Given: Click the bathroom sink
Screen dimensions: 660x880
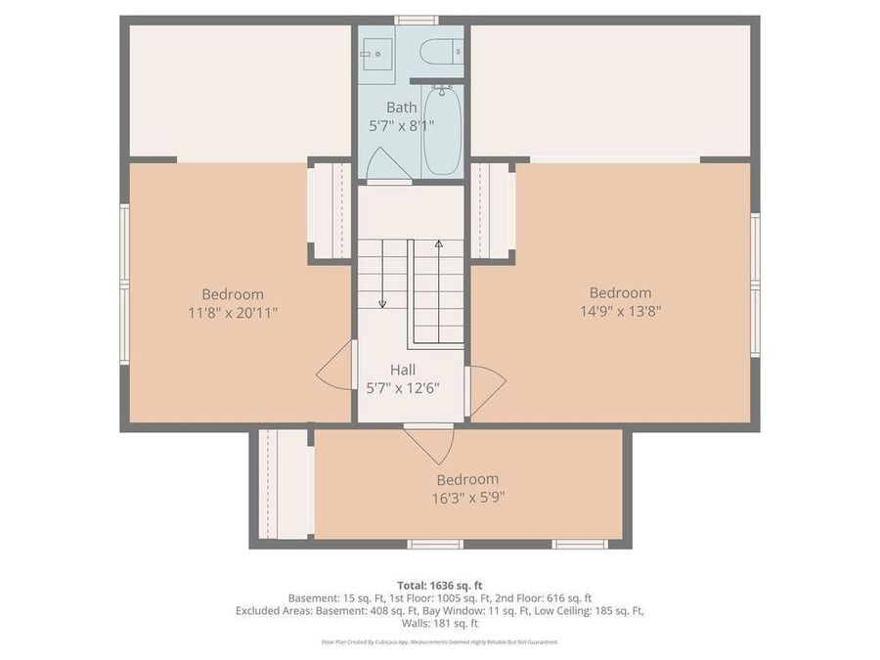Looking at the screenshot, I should click(374, 48).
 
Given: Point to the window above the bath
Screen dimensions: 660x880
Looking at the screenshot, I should click(416, 20).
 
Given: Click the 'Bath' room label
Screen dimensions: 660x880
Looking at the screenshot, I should click(401, 108).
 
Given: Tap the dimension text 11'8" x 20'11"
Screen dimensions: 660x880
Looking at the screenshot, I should click(233, 313).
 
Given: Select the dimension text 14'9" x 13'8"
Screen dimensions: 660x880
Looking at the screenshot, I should click(620, 312).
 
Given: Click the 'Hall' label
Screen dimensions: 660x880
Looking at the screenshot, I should click(403, 370).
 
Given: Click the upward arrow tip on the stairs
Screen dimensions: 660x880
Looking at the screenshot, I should click(438, 242).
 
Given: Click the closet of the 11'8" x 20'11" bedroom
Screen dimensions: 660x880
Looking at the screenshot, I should click(330, 209).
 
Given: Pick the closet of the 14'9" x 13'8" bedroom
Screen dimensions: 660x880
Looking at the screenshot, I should click(492, 209).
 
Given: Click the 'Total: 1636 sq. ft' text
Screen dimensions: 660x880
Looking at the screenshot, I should click(440, 586).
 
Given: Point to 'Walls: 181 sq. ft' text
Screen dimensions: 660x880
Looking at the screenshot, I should click(440, 623).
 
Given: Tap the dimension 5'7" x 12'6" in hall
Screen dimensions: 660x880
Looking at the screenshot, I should click(402, 387).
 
